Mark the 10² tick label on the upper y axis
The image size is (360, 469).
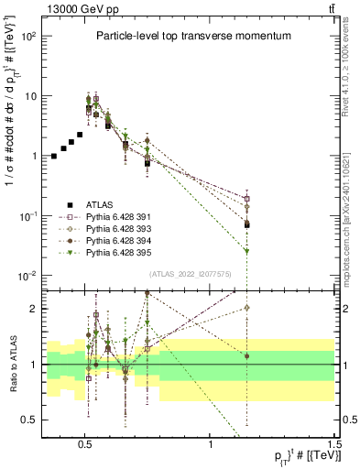pos(28,37)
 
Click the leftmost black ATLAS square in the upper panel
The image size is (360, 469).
pos(54,157)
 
